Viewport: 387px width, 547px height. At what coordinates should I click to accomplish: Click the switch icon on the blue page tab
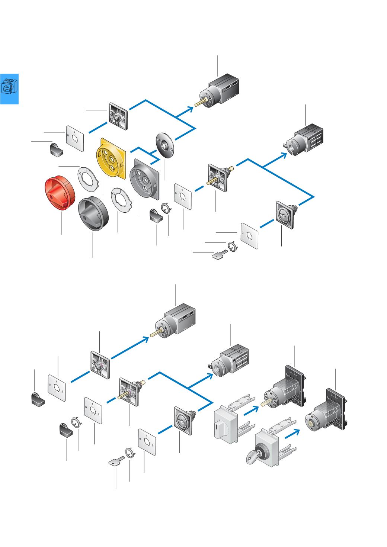(x=9, y=87)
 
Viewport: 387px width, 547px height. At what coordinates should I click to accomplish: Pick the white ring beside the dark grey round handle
(x=121, y=200)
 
